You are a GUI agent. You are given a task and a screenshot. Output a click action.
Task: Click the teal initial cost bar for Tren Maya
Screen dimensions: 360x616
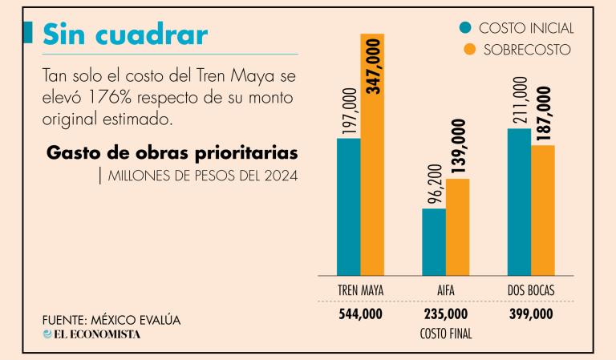pos(349,207)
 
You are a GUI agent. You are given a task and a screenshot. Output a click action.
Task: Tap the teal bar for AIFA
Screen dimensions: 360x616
pos(434,242)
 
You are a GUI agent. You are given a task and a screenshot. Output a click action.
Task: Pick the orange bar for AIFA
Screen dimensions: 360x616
pos(458,227)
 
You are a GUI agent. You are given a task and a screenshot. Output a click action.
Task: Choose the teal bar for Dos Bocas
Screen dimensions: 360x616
pos(519,202)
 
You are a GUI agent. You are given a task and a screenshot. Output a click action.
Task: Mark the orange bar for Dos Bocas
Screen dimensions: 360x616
pos(543,210)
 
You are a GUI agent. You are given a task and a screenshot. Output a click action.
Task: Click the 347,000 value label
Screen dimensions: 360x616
pos(373,67)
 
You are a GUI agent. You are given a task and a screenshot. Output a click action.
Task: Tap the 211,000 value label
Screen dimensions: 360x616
pos(519,101)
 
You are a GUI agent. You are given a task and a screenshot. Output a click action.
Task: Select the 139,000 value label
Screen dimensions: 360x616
pos(458,148)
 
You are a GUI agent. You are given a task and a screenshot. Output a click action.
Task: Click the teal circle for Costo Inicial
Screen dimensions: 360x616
pos(466,28)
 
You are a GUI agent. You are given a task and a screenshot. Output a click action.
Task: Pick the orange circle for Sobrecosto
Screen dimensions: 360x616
pos(466,50)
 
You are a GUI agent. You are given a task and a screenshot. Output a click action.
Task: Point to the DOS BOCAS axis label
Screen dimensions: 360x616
pos(531,289)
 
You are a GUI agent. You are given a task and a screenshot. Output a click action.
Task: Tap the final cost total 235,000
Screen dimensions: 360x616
pos(446,315)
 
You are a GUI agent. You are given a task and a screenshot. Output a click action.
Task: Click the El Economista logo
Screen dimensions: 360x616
pos(91,334)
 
